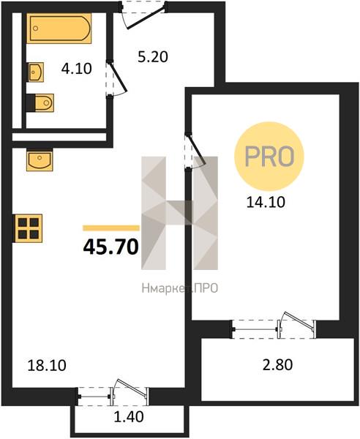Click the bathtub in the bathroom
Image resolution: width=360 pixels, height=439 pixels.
pyautogui.click(x=59, y=28)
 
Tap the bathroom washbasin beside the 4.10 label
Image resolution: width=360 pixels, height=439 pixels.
pyautogui.click(x=36, y=72)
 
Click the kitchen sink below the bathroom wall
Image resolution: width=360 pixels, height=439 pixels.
pyautogui.click(x=40, y=160)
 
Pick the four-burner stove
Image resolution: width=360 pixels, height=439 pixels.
pyautogui.click(x=28, y=228)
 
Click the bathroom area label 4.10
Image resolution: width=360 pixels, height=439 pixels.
pyautogui.click(x=76, y=69)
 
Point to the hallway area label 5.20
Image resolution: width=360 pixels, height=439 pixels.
pyautogui.click(x=153, y=57)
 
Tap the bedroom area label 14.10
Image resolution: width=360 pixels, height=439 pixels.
pyautogui.click(x=266, y=202)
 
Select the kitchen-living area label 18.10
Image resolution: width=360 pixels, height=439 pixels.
pyautogui.click(x=47, y=366)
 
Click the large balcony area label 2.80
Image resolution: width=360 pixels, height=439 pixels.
pyautogui.click(x=278, y=365)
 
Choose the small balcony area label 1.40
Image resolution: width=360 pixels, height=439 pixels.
pyautogui.click(x=129, y=416)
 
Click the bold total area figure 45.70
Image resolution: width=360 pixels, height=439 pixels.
pyautogui.click(x=111, y=247)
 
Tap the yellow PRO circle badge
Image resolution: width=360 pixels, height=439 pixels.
pyautogui.click(x=269, y=157)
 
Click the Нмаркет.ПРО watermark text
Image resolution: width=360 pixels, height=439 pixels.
pyautogui.click(x=180, y=288)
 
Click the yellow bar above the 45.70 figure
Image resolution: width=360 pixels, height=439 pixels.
pyautogui.click(x=111, y=228)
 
